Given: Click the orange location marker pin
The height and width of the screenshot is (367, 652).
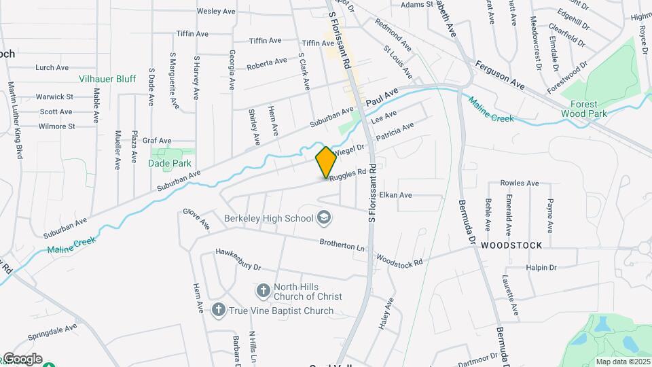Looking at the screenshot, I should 326,162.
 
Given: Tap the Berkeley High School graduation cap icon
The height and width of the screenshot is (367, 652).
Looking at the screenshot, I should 324,217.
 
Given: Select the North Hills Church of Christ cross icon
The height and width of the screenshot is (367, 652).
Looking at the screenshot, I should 264,291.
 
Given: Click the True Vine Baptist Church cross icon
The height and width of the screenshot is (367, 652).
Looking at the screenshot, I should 218,311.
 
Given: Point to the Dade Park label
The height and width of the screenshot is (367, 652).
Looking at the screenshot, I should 169,163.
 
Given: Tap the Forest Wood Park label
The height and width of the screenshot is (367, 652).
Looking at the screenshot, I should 584,109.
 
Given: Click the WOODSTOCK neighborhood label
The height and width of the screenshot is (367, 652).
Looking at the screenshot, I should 511,245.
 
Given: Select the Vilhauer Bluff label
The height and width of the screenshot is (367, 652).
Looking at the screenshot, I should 107,79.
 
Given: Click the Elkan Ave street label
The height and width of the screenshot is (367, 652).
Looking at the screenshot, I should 395,195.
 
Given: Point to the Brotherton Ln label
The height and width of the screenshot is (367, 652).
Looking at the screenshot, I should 342,243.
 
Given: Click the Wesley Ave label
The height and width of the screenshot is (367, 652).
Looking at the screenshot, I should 215,11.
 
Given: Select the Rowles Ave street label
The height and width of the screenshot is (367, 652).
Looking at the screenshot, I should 519,183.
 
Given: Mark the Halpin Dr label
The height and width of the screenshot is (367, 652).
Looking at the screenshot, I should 541,268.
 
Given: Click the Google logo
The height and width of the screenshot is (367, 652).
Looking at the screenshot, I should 22,358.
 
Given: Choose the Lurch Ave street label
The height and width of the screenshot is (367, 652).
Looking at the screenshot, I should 52,67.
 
